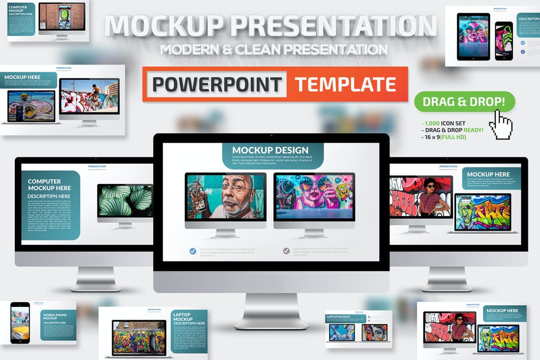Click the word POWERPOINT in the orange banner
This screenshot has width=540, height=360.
[x=217, y=84]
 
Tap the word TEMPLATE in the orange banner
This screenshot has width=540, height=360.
[x=346, y=84]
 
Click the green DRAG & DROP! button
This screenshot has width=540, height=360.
[x=465, y=102]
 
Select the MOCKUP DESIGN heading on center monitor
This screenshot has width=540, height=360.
[x=270, y=150]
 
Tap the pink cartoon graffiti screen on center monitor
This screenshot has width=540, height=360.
[x=314, y=197]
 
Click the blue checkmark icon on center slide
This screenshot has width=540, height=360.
[x=193, y=251]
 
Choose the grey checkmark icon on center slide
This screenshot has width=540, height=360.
[x=286, y=251]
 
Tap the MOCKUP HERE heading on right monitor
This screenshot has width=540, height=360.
[x=488, y=174]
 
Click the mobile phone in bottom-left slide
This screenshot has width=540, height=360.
[x=20, y=322]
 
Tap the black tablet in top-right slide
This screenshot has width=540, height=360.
[x=473, y=37]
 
